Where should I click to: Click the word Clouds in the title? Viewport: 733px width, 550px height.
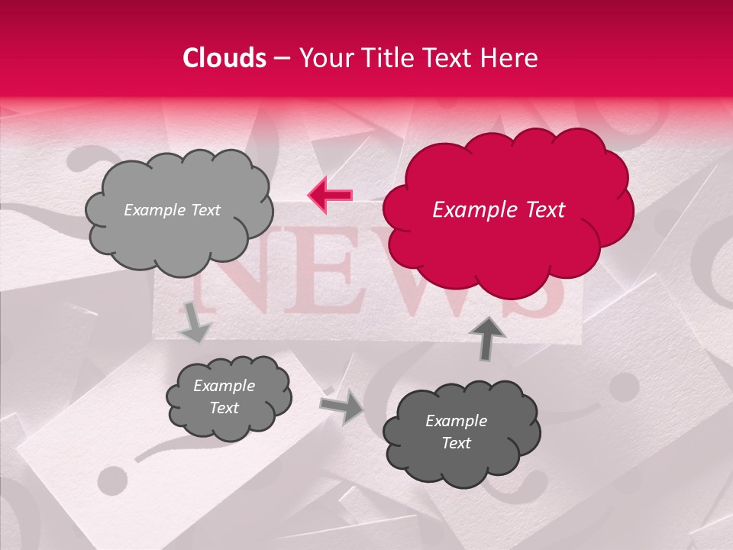click(x=224, y=58)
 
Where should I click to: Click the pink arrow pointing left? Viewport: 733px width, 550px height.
click(x=330, y=196)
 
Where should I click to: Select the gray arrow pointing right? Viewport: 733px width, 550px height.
click(x=342, y=407)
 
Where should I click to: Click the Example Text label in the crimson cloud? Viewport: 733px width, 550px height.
click(x=499, y=210)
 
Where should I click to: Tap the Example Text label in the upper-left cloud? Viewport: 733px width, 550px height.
click(x=172, y=210)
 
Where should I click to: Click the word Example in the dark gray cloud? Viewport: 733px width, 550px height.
click(x=456, y=421)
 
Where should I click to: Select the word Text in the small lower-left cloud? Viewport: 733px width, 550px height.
click(x=224, y=408)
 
